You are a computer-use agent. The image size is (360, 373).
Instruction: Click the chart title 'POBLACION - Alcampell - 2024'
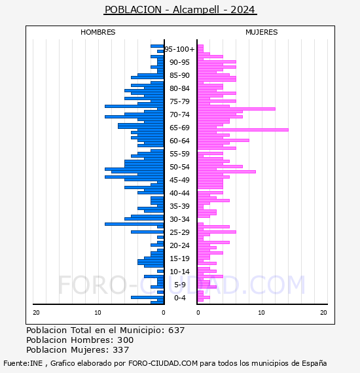[x=180, y=10]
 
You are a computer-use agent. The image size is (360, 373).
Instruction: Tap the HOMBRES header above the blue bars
[x=98, y=32]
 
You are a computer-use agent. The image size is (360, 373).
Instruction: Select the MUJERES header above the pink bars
[x=262, y=32]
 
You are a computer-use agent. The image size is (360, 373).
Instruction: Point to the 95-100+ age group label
[x=179, y=49]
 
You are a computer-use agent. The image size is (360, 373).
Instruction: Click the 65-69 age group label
[x=179, y=128]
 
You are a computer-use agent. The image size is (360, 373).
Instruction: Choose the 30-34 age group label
[x=179, y=219]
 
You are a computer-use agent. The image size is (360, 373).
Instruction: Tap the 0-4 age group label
[x=179, y=298]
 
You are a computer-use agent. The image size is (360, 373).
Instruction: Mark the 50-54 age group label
[x=179, y=167]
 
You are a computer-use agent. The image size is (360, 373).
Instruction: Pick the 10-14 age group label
[x=179, y=272]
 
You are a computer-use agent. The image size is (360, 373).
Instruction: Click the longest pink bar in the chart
[x=243, y=130]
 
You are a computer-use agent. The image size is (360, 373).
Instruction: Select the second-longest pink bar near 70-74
[x=236, y=109]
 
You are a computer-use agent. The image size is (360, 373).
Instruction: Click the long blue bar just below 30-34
[x=134, y=224]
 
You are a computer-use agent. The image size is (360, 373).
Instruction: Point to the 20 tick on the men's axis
[x=36, y=313]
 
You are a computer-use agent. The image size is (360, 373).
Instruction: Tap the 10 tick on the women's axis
[x=261, y=313]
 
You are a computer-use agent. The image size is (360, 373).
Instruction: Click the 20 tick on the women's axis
[x=323, y=313]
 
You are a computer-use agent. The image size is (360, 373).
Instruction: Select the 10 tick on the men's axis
[x=98, y=313]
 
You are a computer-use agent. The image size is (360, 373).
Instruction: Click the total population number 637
[x=176, y=330]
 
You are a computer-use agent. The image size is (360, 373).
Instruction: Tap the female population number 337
[x=121, y=350]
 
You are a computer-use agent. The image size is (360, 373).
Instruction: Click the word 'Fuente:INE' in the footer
[x=23, y=363]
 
